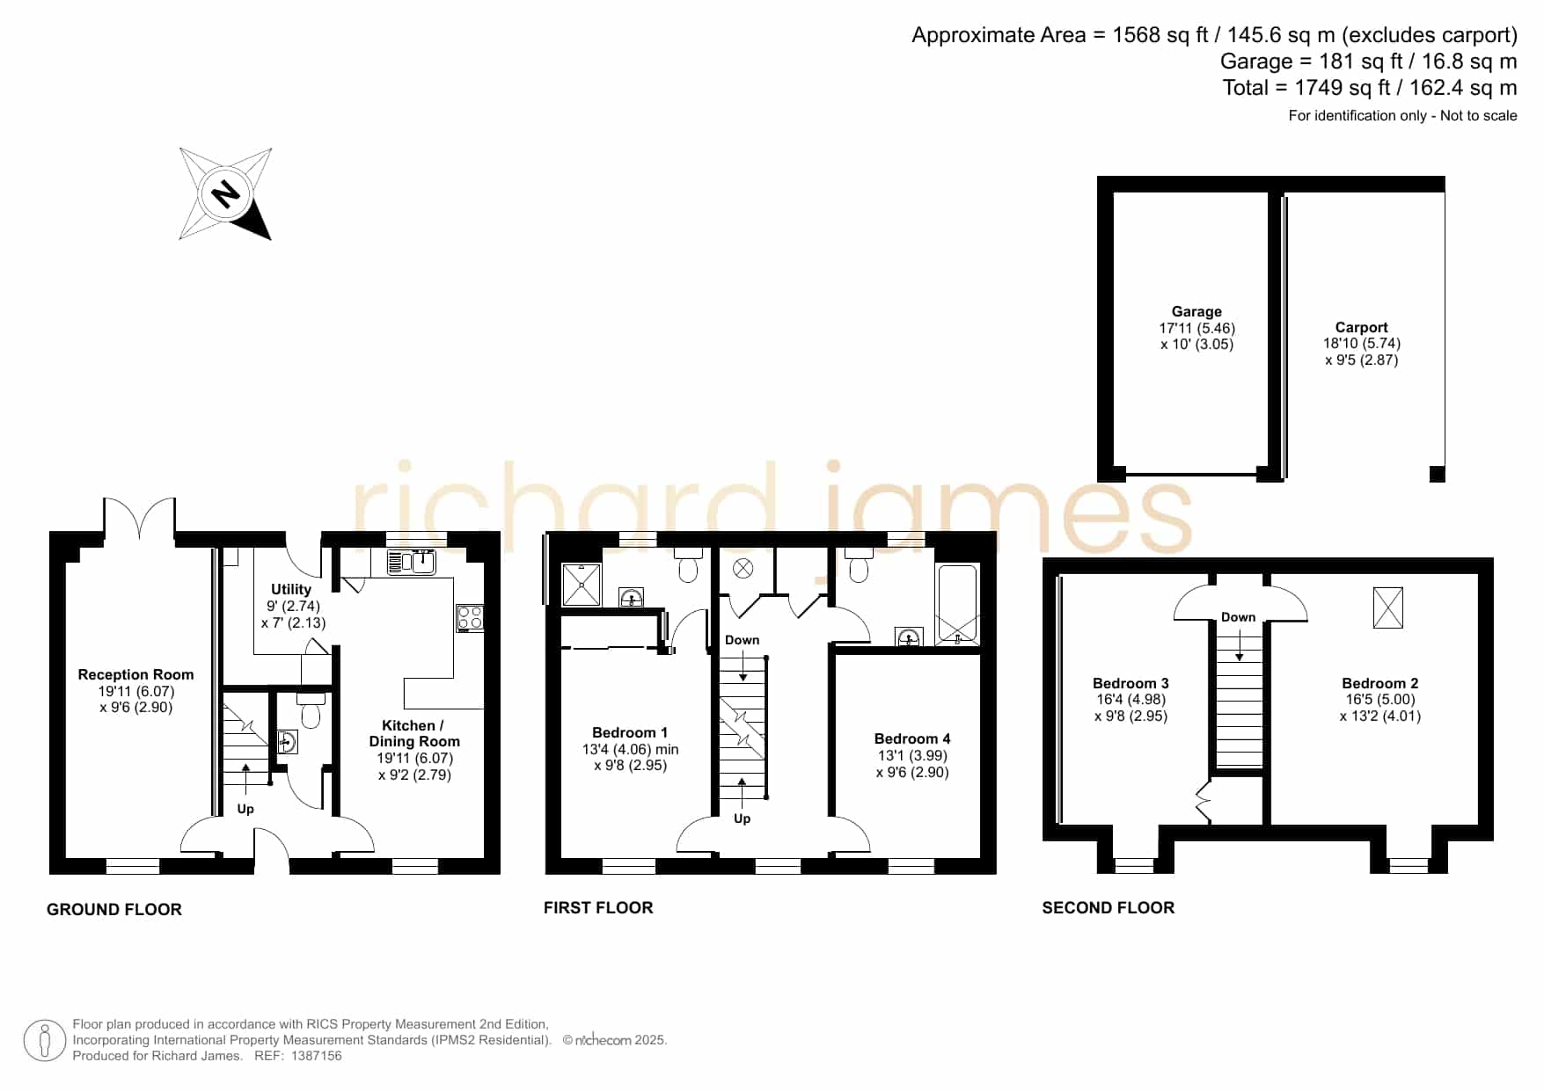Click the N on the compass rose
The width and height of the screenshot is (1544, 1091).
[x=227, y=193]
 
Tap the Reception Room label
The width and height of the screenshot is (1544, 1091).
[x=135, y=674]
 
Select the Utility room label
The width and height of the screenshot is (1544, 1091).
[x=291, y=589]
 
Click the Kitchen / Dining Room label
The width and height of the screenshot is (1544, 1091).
[x=414, y=733]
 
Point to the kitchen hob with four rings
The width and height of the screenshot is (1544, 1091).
[x=470, y=617]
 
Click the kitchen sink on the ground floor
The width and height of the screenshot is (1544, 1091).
[x=412, y=561]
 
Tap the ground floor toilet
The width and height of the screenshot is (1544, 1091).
[x=311, y=710]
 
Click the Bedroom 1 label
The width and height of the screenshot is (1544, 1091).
[x=630, y=732]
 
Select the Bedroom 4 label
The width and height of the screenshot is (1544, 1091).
[x=912, y=738]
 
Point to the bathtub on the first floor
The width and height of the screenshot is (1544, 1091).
[x=958, y=605]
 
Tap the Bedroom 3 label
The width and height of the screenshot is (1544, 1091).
[x=1131, y=683]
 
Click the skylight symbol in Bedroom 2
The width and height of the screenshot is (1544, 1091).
[x=1388, y=607]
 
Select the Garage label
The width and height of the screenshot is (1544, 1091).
[x=1196, y=311]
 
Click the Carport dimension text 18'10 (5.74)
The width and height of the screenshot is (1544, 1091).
[x=1362, y=343]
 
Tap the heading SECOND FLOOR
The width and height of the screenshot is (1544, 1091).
[x=1109, y=907]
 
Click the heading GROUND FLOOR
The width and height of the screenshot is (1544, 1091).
[x=114, y=909]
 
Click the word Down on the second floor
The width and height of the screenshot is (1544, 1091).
[x=1239, y=617]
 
